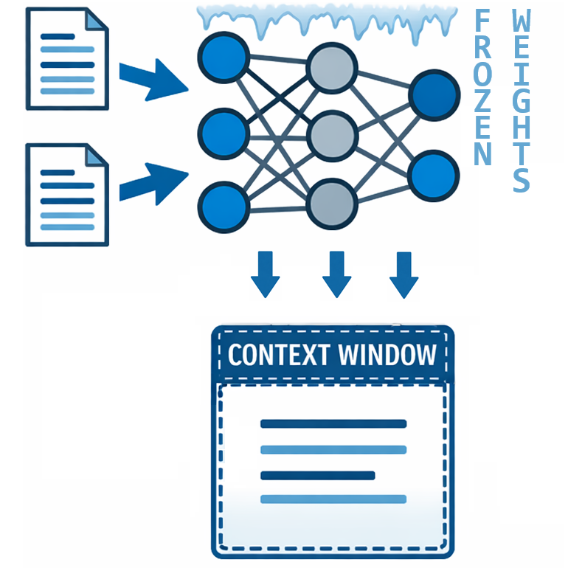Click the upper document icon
tap(67, 58)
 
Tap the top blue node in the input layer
tap(222, 58)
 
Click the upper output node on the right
tap(432, 94)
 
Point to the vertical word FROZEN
tap(482, 89)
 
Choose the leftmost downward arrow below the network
tap(266, 274)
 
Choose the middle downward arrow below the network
tap(336, 274)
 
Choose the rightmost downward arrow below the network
tap(403, 274)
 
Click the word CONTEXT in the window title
tap(277, 356)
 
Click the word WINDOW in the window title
tap(387, 356)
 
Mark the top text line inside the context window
tap(333, 423)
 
